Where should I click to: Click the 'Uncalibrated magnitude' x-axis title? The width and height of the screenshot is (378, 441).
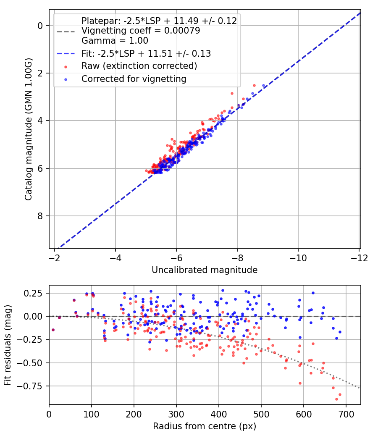pos(205,270)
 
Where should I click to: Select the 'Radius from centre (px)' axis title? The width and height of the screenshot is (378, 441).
pos(205,426)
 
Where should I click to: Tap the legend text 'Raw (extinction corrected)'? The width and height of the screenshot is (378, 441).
pos(139,66)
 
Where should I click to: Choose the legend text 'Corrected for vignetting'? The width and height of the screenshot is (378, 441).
pos(134,79)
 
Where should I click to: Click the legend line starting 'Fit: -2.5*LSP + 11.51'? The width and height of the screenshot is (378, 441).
pos(146,53)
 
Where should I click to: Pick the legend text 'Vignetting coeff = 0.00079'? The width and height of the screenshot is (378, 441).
pos(140,31)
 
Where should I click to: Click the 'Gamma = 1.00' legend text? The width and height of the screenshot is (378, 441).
pos(115,41)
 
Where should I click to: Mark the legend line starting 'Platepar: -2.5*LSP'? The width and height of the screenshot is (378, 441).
pos(159,21)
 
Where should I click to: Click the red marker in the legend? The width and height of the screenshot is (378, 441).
pos(65,66)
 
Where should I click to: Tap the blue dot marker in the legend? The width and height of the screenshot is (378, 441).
pos(65,79)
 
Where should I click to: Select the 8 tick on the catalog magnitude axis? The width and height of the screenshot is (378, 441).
pos(40,216)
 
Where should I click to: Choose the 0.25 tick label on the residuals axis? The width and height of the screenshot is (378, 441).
pos(36,293)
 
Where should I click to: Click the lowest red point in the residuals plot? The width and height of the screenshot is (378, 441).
pos(336,399)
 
